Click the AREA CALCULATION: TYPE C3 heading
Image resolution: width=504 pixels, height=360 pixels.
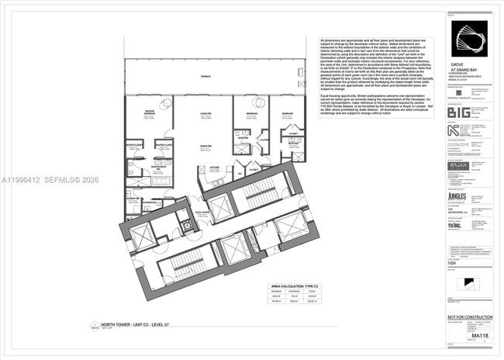point(289,286)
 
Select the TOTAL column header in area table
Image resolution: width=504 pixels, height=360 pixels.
point(311,292)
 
